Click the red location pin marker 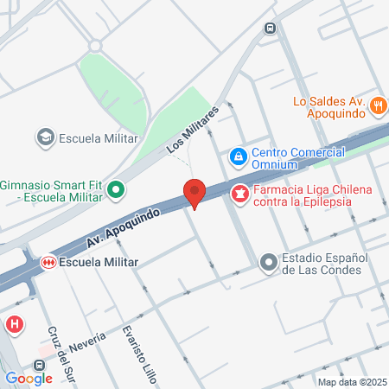194,193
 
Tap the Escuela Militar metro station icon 49,261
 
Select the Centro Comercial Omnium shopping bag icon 237,157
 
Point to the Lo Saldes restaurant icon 377,106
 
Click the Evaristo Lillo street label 135,346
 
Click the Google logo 29,378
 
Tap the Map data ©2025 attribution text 351,382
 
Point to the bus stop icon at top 271,28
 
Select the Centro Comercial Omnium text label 292,157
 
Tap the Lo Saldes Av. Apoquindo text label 329,106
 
